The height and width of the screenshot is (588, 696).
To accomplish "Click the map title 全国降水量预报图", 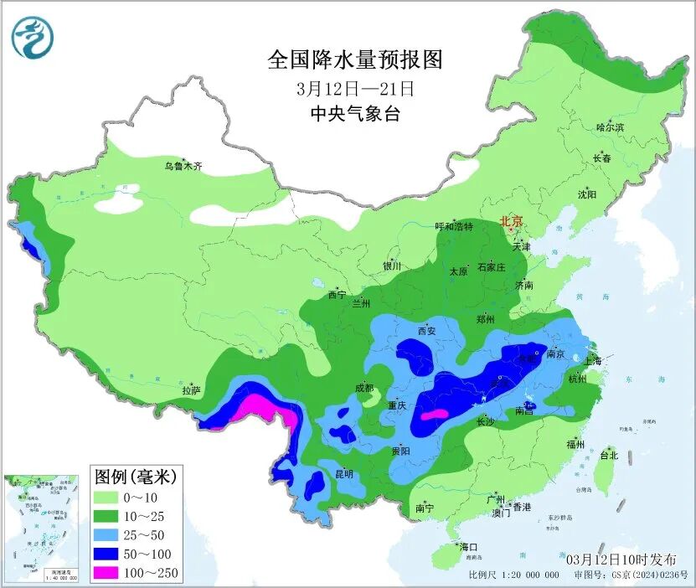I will tap(355, 59).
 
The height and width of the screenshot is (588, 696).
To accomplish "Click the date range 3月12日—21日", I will tap(355, 88).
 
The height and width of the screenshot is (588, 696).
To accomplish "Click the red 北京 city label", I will tap(511, 222).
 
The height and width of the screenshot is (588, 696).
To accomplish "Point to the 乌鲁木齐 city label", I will tap(183, 167).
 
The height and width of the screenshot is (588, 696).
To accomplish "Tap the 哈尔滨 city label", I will tap(610, 127).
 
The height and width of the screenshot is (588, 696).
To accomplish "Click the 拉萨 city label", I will tap(191, 390).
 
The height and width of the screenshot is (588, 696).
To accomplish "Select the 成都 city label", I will tap(363, 389).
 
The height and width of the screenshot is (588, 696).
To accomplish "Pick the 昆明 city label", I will tap(343, 473).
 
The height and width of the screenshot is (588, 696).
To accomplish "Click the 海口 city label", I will tap(467, 547).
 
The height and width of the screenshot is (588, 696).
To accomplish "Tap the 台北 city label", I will tap(609, 456).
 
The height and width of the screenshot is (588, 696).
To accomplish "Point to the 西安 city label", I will tap(427, 331).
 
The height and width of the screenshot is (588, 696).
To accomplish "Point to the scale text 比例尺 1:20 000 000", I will tap(513, 575).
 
